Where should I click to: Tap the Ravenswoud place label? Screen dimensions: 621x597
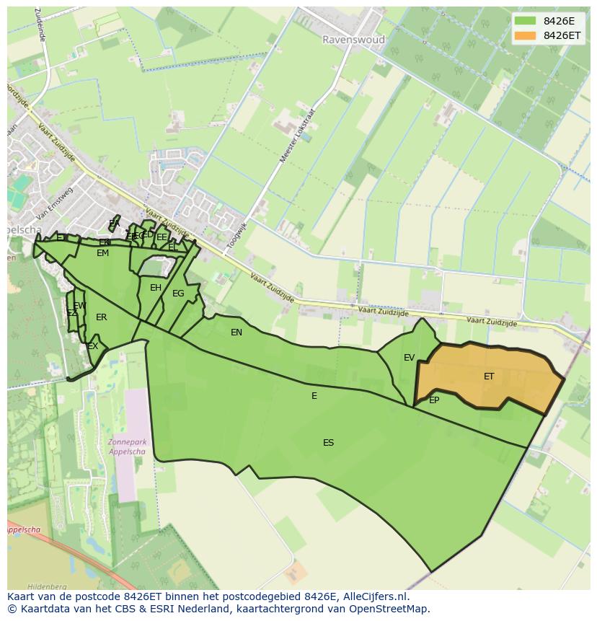click(353, 40)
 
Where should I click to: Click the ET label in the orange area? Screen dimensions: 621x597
click(489, 376)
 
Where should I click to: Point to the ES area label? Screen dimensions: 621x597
click(328, 443)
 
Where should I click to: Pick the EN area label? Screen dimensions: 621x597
click(236, 332)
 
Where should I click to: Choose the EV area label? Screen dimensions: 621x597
click(409, 358)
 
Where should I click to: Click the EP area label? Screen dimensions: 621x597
click(434, 400)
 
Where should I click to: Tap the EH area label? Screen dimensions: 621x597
click(156, 288)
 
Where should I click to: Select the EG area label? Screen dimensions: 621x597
click(178, 294)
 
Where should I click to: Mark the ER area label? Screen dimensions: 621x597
click(102, 317)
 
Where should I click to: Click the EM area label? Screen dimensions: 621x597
click(102, 253)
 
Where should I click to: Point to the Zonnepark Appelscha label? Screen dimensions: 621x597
click(126, 446)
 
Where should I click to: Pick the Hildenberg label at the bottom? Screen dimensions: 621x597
click(47, 586)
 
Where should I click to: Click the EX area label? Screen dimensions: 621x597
click(92, 347)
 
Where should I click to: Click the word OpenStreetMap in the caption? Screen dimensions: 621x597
click(389, 609)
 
